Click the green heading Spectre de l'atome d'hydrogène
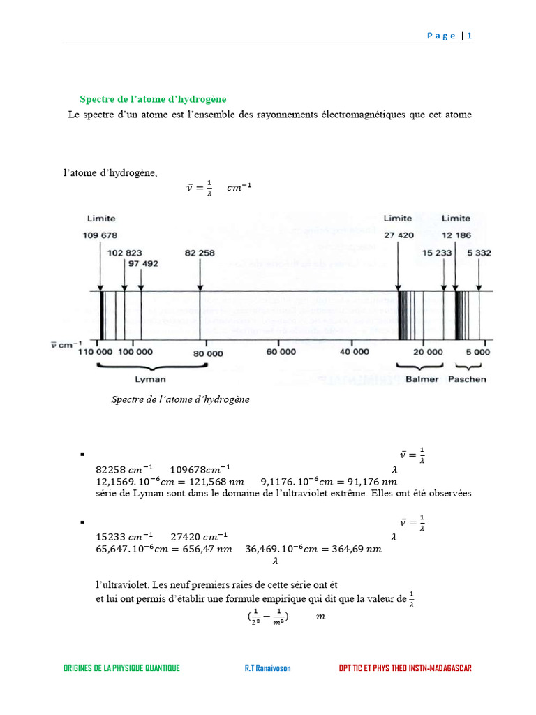(x=153, y=99)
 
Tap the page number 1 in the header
(x=470, y=36)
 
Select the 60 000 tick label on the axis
(x=280, y=352)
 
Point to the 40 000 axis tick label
(x=353, y=352)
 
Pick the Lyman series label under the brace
(x=150, y=380)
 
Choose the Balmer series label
(x=422, y=380)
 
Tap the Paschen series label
(x=467, y=380)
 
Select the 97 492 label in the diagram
(x=142, y=263)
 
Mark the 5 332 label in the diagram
(x=479, y=253)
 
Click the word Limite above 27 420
(x=398, y=219)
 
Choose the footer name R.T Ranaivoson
(x=267, y=668)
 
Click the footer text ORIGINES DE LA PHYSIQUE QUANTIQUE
(x=121, y=668)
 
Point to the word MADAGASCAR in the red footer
(x=447, y=668)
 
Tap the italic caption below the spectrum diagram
(x=180, y=399)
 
